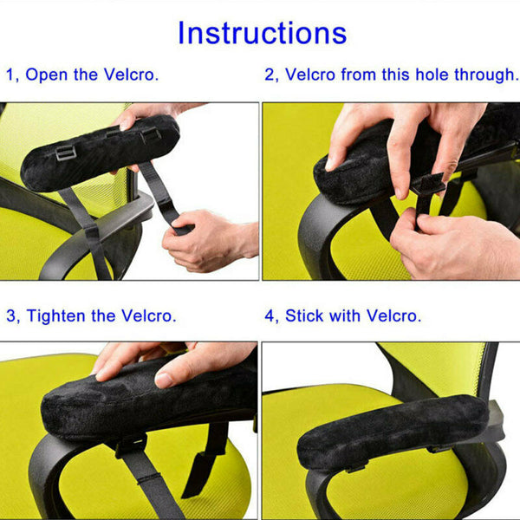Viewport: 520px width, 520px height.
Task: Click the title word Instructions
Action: tap(262, 33)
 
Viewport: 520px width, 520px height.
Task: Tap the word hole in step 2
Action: tap(422, 75)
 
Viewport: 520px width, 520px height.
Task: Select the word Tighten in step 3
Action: tap(59, 315)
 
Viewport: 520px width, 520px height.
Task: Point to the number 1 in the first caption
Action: tap(10, 75)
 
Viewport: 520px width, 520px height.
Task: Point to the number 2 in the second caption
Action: tap(270, 75)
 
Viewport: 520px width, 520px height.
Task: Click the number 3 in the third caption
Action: tap(10, 315)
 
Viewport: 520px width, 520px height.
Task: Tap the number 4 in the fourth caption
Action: tap(270, 315)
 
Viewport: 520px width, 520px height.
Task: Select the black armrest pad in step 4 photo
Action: tap(390, 431)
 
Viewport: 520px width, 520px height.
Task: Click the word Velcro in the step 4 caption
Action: tap(393, 315)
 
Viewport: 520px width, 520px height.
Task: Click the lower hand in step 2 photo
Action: tap(459, 247)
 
